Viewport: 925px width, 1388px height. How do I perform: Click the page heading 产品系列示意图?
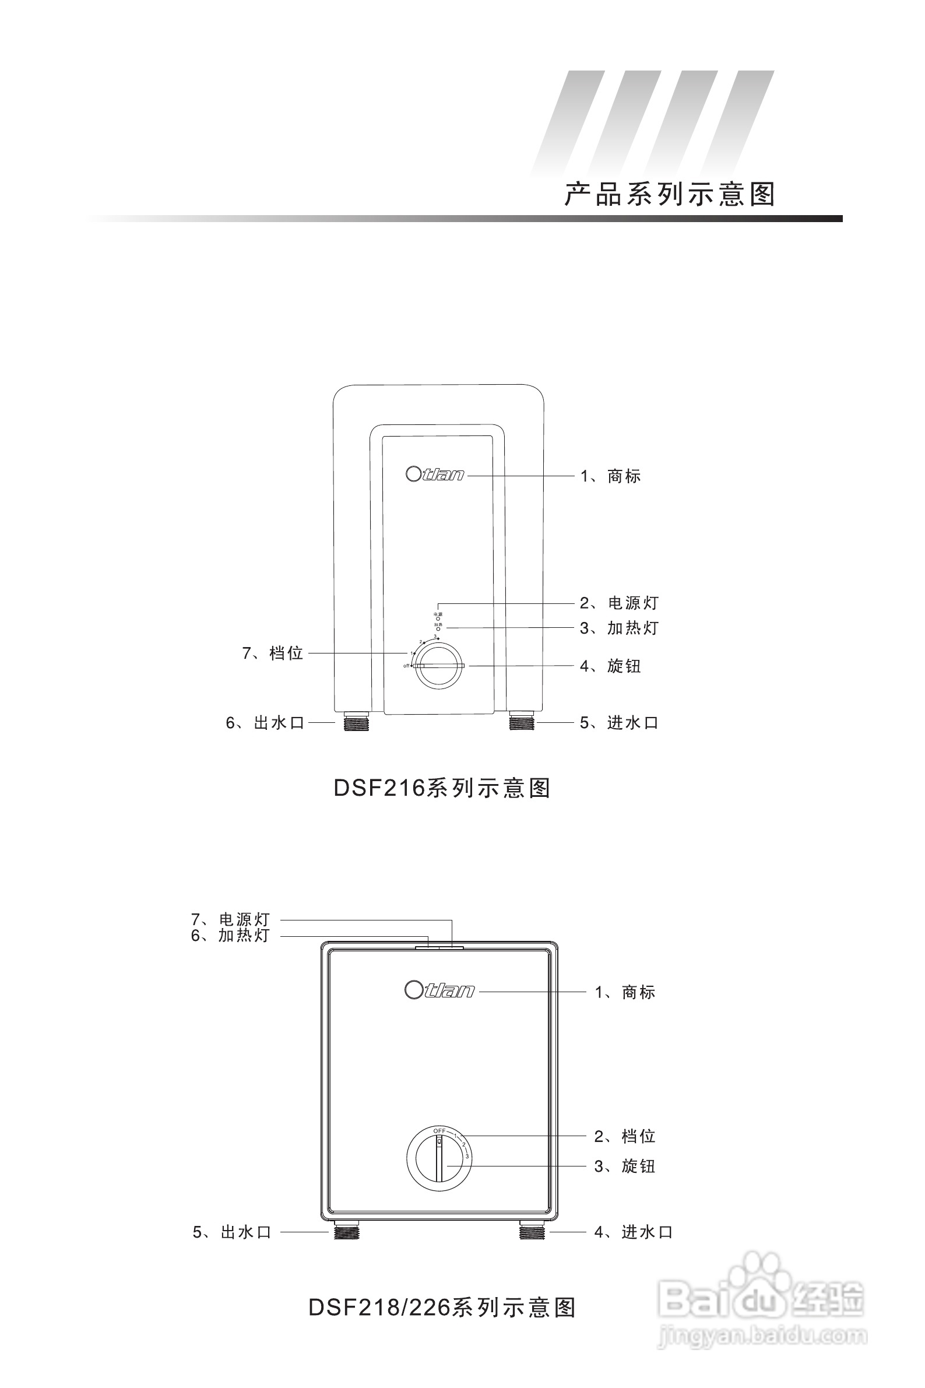pos(669,195)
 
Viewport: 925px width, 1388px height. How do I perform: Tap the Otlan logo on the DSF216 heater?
pos(435,475)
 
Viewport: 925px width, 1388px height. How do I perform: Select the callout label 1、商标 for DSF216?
pos(611,476)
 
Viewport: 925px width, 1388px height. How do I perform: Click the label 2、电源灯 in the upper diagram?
pos(619,603)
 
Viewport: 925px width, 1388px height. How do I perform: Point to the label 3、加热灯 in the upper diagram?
pos(619,628)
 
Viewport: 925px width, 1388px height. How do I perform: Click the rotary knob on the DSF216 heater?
pos(439,666)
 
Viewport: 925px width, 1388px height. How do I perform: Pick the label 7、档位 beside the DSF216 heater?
pos(273,653)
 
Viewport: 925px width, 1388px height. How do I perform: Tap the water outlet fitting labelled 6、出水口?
pos(356,722)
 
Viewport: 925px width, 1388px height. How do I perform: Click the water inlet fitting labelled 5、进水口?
pos(522,722)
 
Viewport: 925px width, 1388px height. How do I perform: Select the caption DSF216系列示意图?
pos(442,788)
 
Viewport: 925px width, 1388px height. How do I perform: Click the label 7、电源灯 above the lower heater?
pos(230,919)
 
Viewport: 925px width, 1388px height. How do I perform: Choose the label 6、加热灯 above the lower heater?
pos(230,936)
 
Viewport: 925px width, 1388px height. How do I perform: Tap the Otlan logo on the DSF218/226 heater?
pos(439,990)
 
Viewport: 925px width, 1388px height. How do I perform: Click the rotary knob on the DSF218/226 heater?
pos(439,1157)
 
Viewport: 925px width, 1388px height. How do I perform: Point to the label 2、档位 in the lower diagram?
pos(625,1136)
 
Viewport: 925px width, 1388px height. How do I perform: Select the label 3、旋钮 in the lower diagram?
pos(625,1166)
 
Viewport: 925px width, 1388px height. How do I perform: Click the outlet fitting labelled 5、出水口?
pos(346,1232)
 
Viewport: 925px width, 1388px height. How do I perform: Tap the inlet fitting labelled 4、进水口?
pos(532,1232)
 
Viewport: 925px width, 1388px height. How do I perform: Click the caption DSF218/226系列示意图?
pos(442,1308)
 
